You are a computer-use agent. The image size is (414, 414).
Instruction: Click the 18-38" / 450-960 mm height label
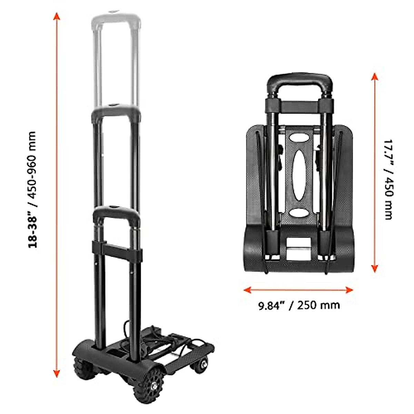pos(32,189)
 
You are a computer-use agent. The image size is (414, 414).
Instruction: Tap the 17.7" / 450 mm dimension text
pos(388,179)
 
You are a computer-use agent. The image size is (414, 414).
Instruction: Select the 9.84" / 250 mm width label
pos(299,305)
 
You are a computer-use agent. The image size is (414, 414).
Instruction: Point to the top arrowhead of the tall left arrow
pos(57,16)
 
